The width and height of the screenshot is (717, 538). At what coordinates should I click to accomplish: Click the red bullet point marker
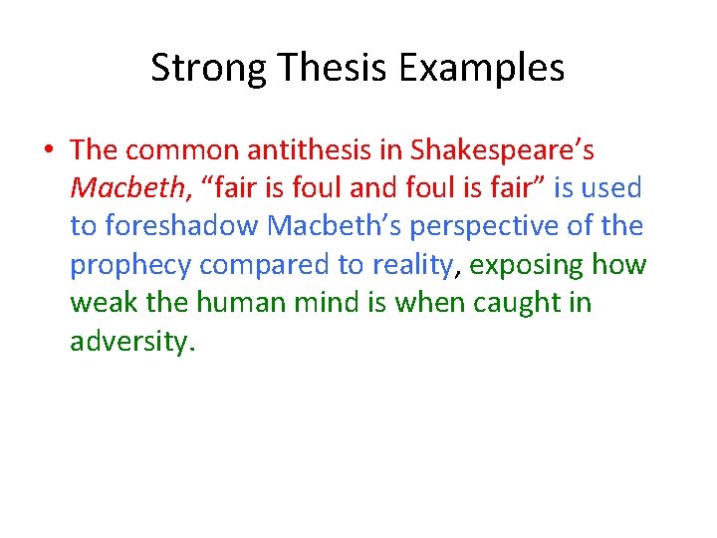(x=48, y=150)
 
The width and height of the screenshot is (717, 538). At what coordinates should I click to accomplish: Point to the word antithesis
(x=303, y=149)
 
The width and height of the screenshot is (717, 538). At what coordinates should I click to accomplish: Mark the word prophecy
(x=130, y=265)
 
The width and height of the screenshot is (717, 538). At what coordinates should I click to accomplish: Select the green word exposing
(x=526, y=265)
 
